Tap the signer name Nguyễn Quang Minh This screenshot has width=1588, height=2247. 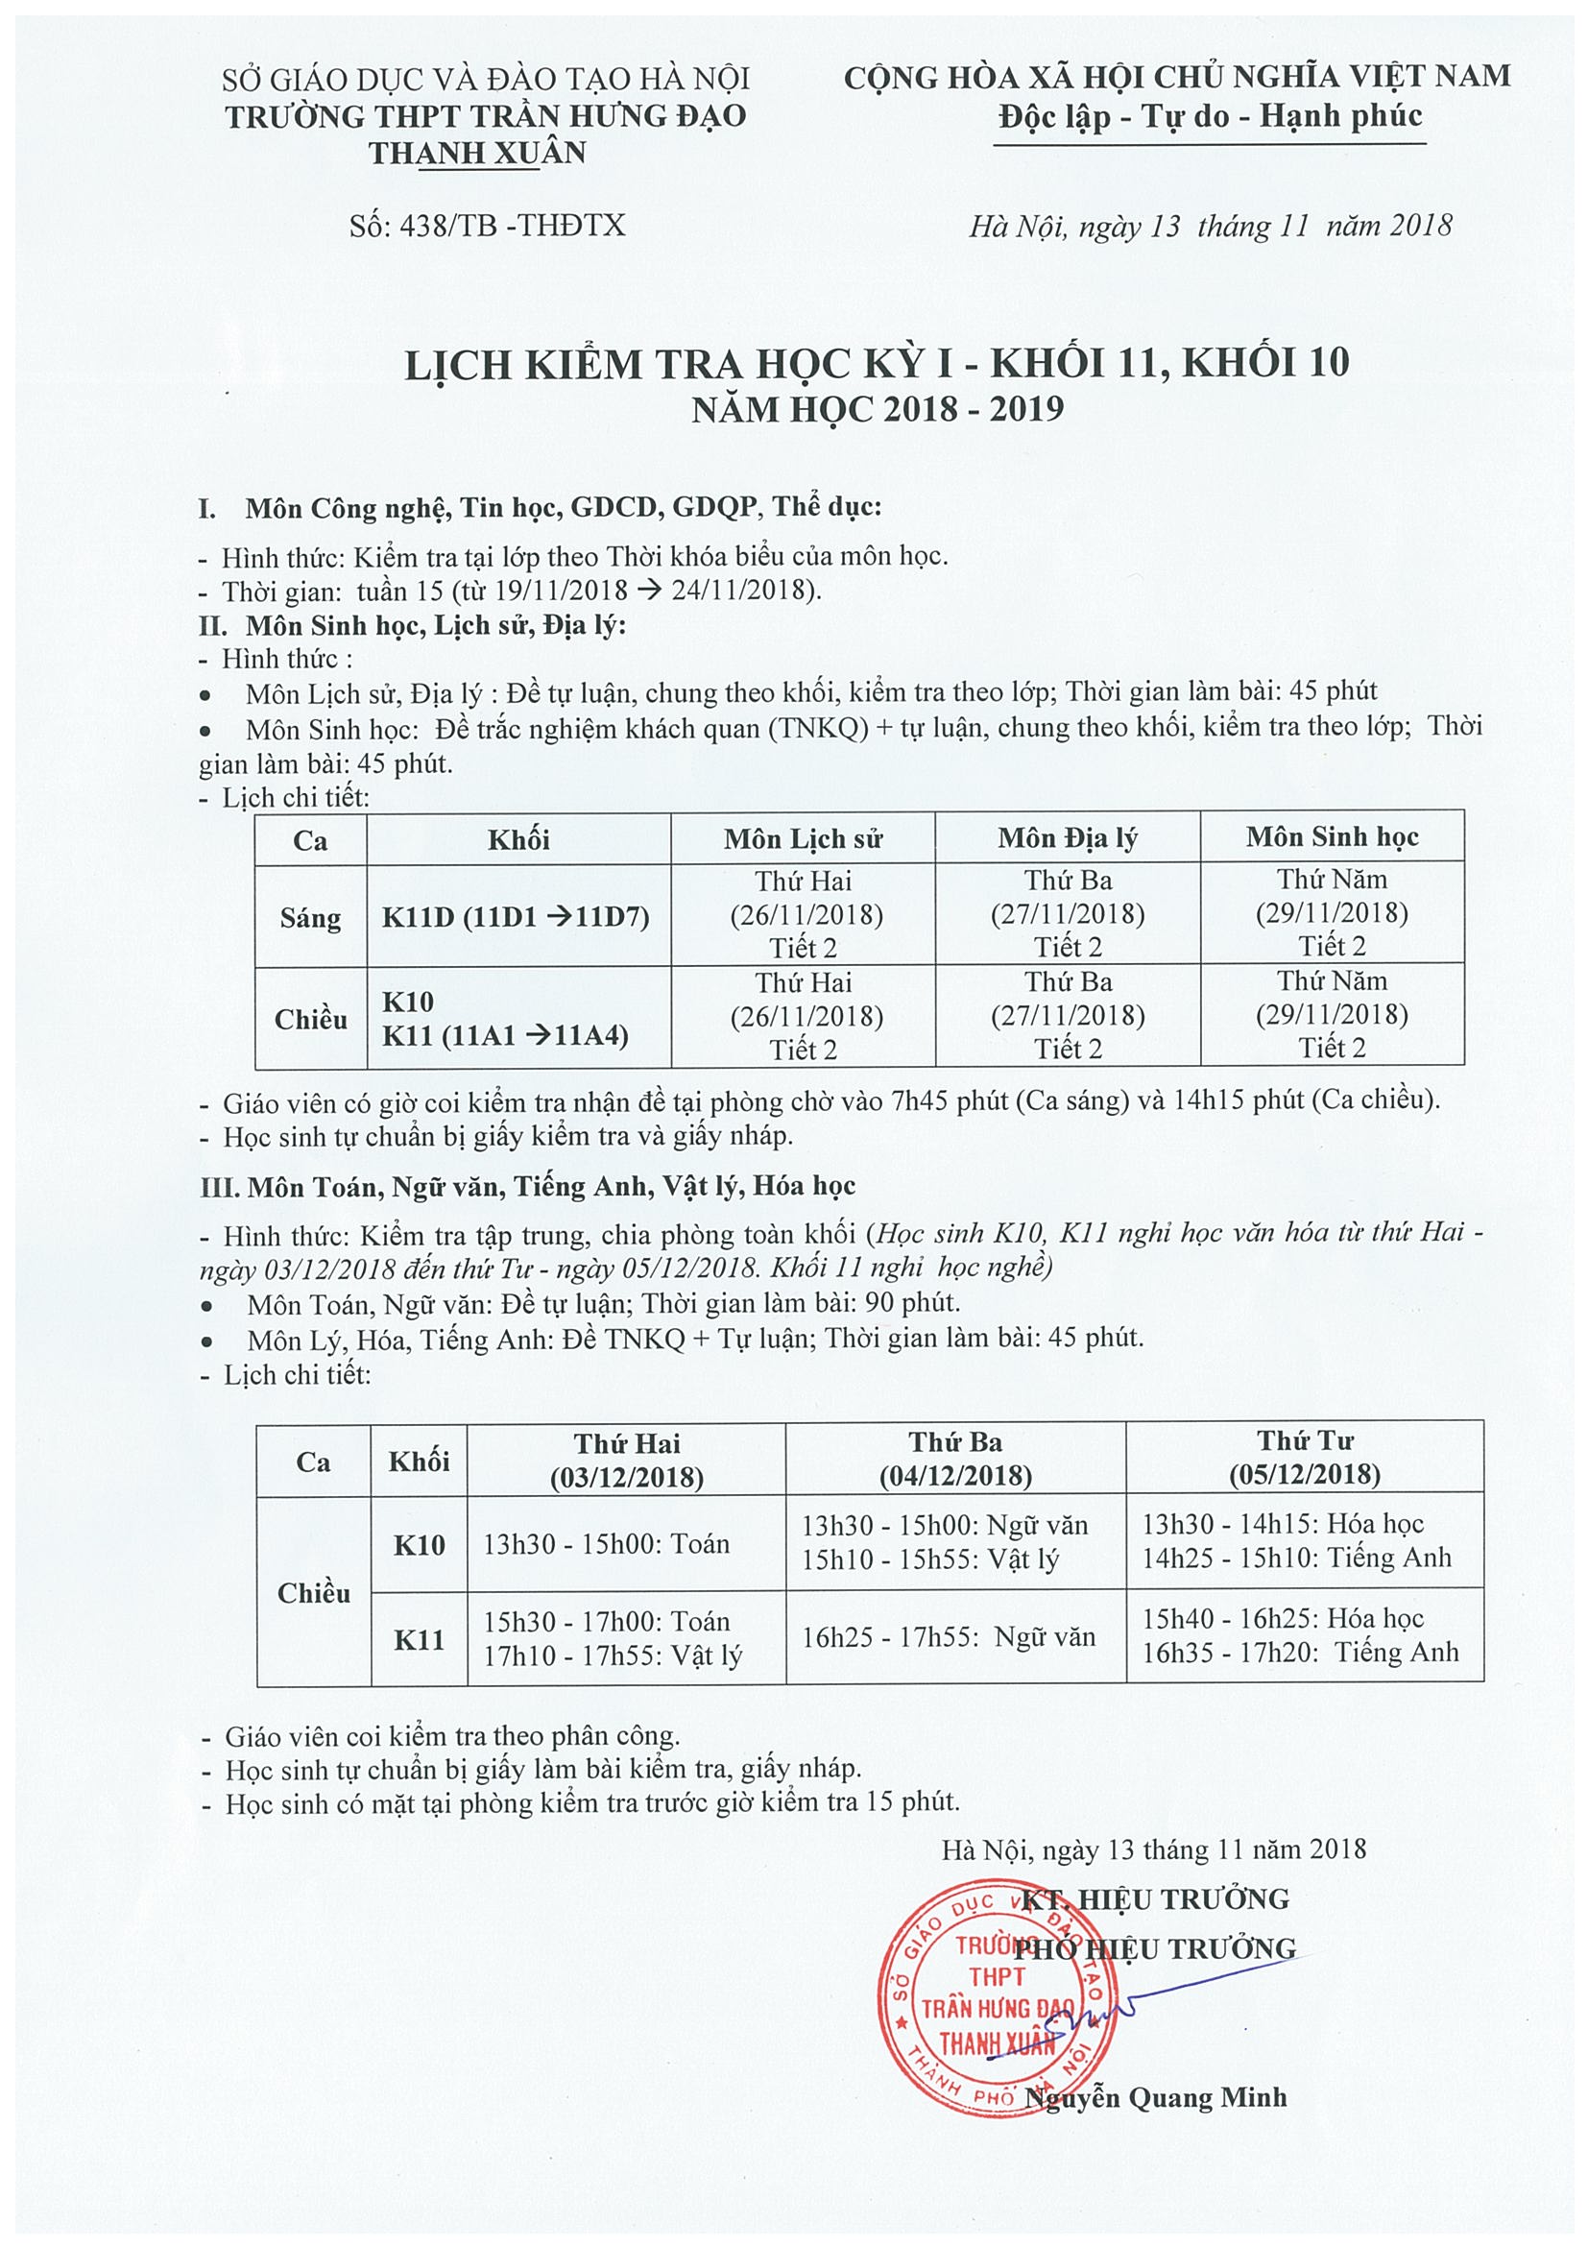click(x=1156, y=2098)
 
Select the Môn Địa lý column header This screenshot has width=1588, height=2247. click(x=1067, y=837)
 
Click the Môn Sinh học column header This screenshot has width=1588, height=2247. click(x=1332, y=836)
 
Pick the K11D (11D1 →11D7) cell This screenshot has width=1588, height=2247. click(x=516, y=917)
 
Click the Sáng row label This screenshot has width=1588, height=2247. click(x=310, y=918)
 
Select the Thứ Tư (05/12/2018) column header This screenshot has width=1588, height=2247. click(x=1304, y=1458)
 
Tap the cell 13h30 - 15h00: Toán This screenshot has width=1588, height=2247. click(x=607, y=1543)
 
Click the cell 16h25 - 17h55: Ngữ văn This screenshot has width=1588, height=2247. click(x=949, y=1636)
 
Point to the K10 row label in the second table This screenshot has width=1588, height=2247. click(x=419, y=1545)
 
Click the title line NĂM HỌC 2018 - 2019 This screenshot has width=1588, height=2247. click(x=878, y=409)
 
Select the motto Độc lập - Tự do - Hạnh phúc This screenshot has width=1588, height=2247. click(x=1211, y=116)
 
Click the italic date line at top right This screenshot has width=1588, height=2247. click(x=1210, y=226)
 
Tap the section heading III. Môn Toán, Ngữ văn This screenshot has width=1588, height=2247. click(x=527, y=1187)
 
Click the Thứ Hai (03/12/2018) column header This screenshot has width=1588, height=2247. click(x=626, y=1460)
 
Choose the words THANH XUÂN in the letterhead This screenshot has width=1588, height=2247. click(x=477, y=154)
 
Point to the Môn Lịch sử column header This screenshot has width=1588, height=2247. click(x=803, y=838)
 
